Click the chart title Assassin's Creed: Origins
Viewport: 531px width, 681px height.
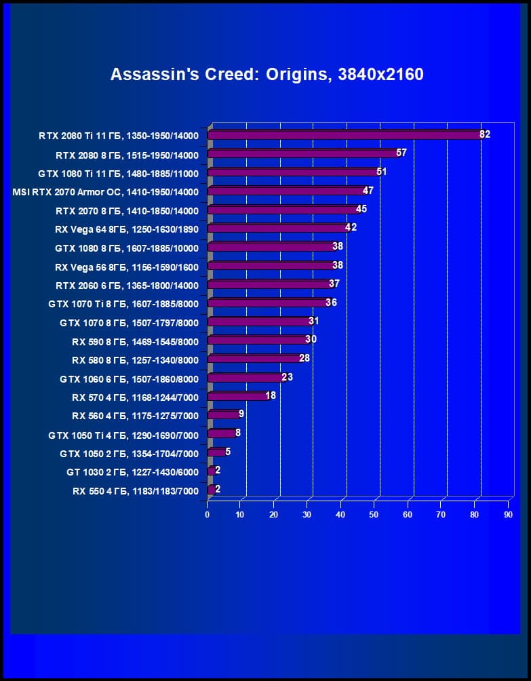point(267,74)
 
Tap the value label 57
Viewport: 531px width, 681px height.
point(401,153)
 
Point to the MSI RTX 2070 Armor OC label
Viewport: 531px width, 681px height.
point(105,192)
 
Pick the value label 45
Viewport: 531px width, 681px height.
point(361,209)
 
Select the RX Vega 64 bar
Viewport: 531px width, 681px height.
point(277,228)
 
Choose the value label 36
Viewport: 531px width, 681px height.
point(331,303)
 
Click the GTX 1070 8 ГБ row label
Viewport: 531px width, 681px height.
point(129,323)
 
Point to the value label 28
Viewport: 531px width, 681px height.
point(304,358)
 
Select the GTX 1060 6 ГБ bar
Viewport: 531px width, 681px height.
point(245,377)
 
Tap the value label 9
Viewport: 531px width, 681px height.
point(241,413)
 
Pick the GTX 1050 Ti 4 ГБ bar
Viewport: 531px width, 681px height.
point(221,433)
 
